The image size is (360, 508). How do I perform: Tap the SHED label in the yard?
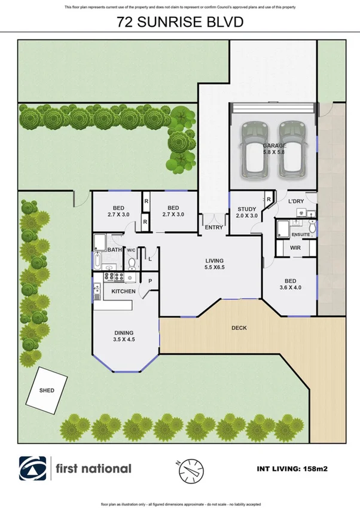pyautogui.click(x=47, y=390)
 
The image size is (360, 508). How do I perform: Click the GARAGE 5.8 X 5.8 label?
pyautogui.click(x=274, y=149)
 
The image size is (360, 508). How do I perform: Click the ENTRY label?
pyautogui.click(x=213, y=228)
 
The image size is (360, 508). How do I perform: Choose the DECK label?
pyautogui.click(x=239, y=328)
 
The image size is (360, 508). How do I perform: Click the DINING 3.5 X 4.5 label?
pyautogui.click(x=124, y=336)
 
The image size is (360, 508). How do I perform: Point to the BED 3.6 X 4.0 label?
pyautogui.click(x=289, y=284)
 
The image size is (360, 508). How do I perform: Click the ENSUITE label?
pyautogui.click(x=300, y=235)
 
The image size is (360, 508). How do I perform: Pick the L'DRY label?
pyautogui.click(x=296, y=202)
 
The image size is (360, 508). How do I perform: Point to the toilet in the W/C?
pyautogui.click(x=132, y=264)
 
